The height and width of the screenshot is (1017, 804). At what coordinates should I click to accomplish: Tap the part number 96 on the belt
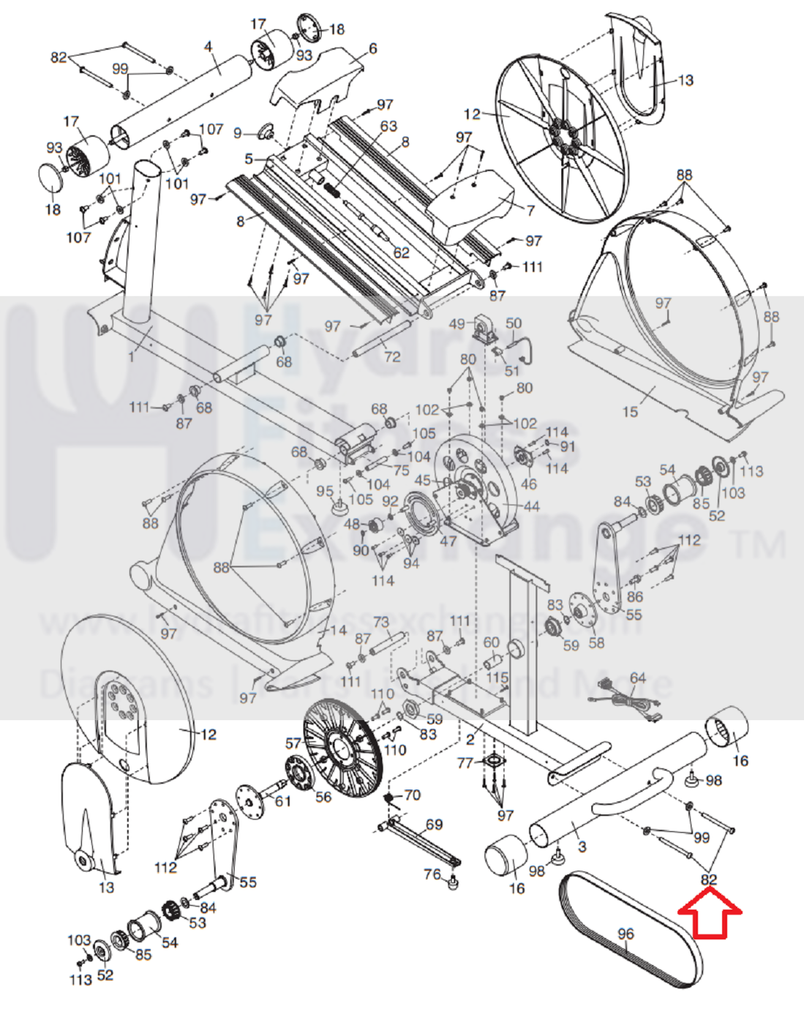click(x=625, y=934)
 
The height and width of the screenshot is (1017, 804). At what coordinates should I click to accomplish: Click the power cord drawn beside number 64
click(x=625, y=698)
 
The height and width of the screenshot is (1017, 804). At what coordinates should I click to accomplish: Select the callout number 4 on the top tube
click(x=208, y=48)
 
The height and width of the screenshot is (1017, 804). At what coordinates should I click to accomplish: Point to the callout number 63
click(x=388, y=126)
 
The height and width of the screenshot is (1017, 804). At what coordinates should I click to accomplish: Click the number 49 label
click(x=457, y=324)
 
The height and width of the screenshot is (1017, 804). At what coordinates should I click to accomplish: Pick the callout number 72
click(x=392, y=356)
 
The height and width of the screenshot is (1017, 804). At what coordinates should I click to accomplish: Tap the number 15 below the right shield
click(x=630, y=412)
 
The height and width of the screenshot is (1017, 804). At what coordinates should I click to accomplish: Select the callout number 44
click(x=531, y=506)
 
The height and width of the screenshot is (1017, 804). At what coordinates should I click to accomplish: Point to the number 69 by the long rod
click(x=434, y=825)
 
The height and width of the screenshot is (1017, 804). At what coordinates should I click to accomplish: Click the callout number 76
click(x=432, y=874)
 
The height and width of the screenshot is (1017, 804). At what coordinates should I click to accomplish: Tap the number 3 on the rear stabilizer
click(x=582, y=847)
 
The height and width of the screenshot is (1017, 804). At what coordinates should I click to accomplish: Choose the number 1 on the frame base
click(x=132, y=357)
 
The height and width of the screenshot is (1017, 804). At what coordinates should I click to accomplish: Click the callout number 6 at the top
click(x=373, y=48)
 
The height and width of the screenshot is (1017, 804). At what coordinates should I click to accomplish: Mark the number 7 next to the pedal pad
click(x=530, y=210)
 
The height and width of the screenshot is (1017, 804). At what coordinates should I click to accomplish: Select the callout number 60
click(x=491, y=642)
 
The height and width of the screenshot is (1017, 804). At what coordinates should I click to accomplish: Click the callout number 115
click(x=497, y=679)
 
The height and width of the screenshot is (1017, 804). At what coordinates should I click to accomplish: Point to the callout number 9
click(x=238, y=133)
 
